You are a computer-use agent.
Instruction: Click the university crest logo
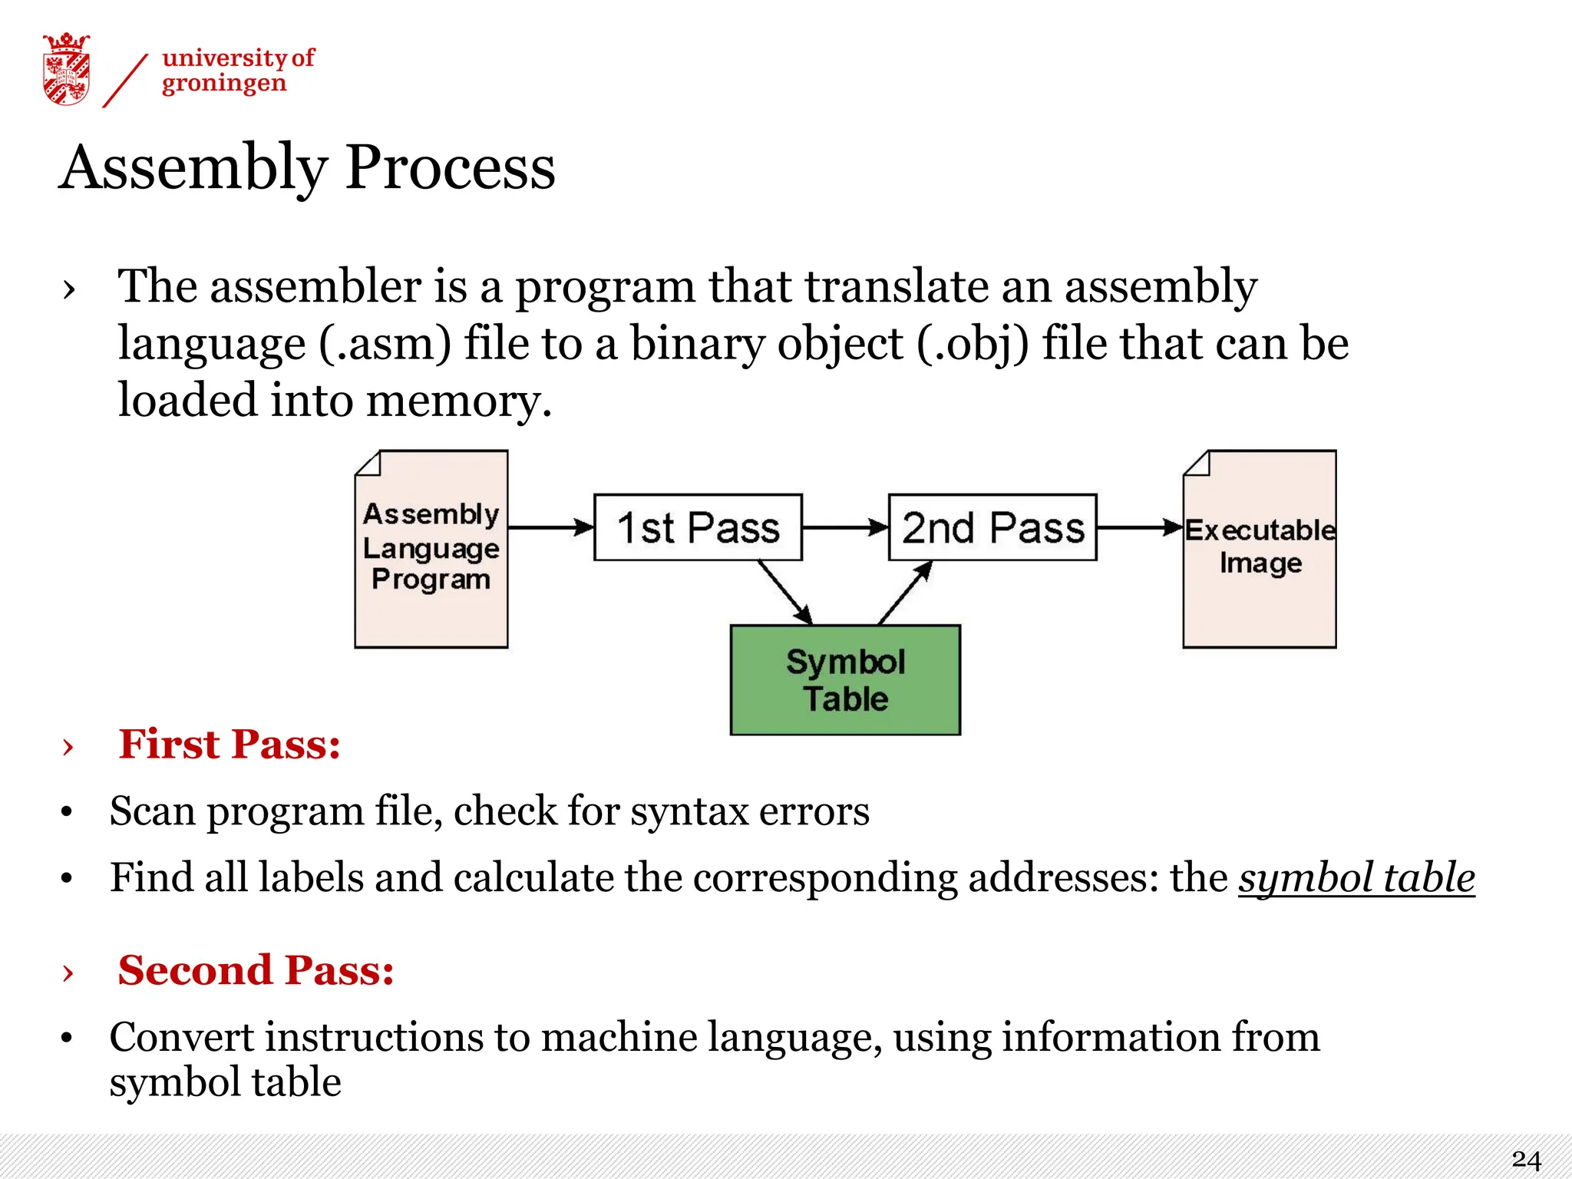(66, 69)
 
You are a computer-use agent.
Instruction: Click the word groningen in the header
(223, 83)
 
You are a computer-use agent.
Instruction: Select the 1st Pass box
(698, 527)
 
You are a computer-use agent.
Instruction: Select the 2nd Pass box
(992, 527)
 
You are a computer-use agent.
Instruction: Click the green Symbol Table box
(845, 680)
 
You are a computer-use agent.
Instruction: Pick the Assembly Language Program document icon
(431, 550)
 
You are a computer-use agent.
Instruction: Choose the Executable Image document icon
(1260, 550)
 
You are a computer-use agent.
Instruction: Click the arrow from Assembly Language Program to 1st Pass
(550, 527)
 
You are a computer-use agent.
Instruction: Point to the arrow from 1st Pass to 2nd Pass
(845, 527)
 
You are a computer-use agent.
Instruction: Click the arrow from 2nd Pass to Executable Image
(1139, 527)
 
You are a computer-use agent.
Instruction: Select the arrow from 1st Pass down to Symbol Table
(784, 592)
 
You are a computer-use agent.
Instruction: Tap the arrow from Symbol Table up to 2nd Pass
(906, 592)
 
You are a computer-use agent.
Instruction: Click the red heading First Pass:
(230, 744)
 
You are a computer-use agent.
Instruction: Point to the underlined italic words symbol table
(1356, 877)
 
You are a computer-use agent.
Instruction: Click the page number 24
(1526, 1159)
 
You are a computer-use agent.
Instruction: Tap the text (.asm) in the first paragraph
(385, 343)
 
